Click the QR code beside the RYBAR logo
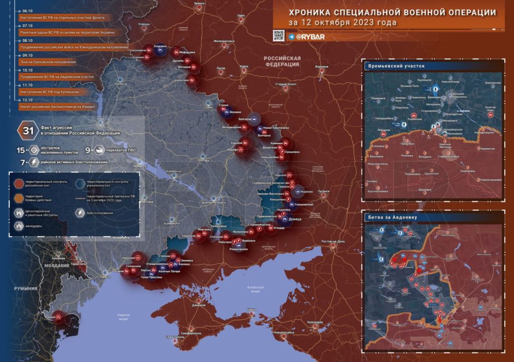278,35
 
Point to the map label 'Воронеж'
322,67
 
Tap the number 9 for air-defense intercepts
87,150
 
